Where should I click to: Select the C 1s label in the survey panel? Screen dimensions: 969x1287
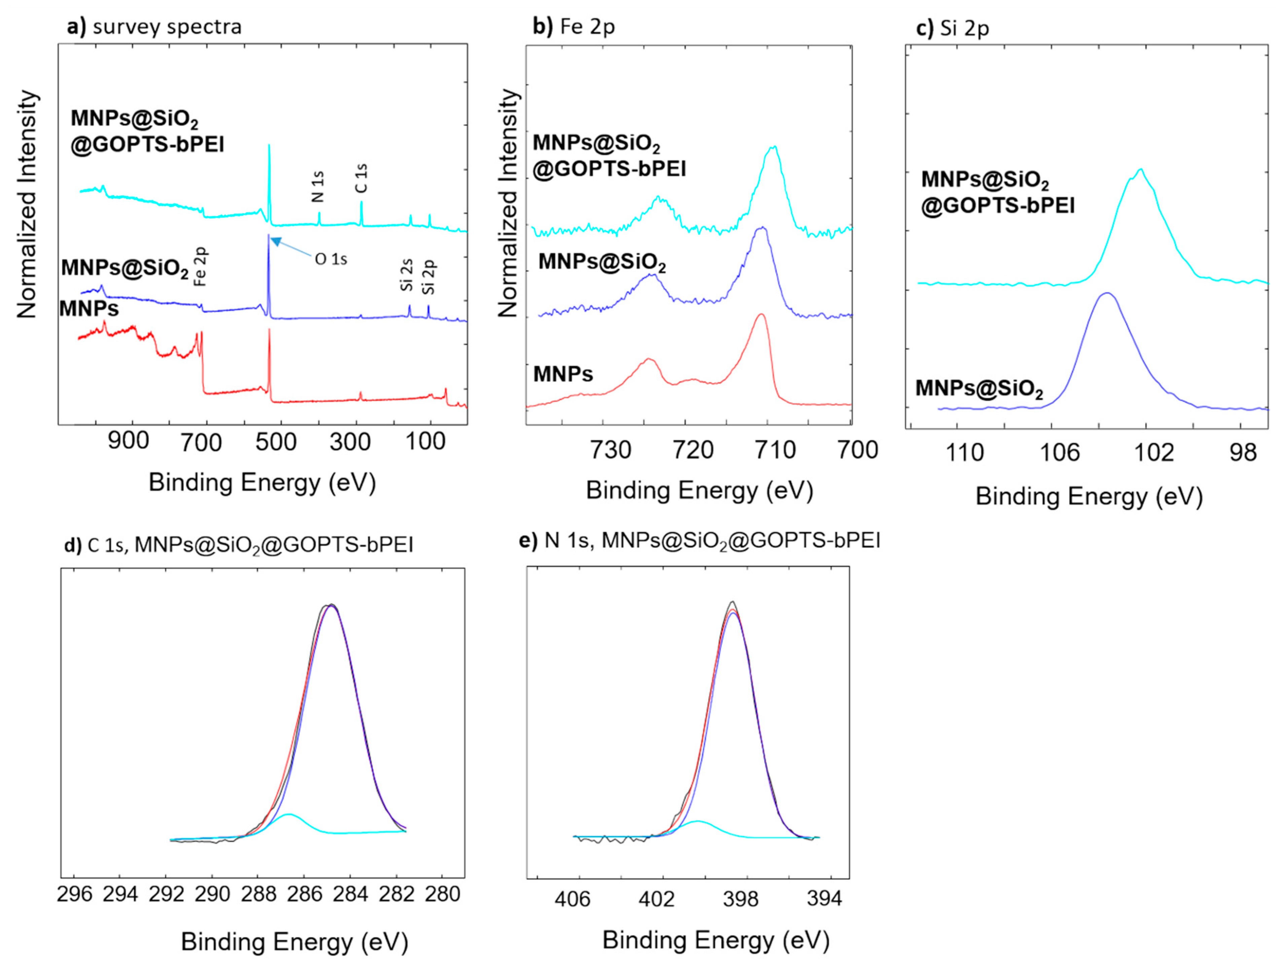pos(361,178)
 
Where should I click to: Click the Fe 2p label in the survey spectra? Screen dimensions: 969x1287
pos(200,267)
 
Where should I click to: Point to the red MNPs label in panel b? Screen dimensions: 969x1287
pos(563,374)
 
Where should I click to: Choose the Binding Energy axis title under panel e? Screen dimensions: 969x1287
pos(716,940)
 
